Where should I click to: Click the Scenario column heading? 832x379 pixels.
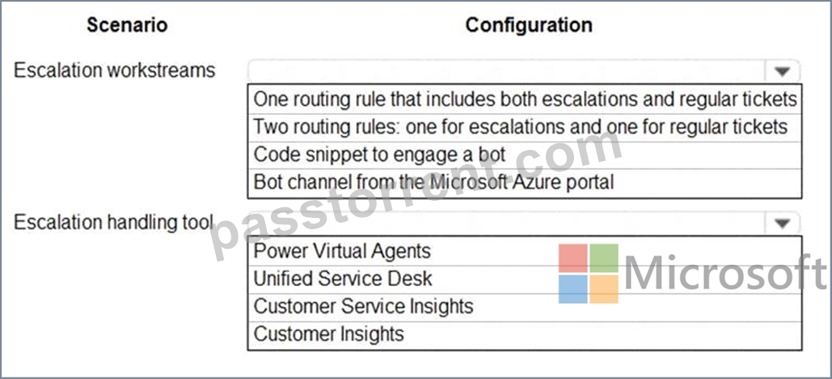click(x=128, y=25)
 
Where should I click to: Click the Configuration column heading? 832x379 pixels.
click(x=529, y=25)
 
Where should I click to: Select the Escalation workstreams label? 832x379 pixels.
click(x=115, y=70)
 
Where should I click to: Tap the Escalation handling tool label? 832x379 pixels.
click(x=113, y=222)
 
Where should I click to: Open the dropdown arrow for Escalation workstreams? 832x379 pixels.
click(x=783, y=71)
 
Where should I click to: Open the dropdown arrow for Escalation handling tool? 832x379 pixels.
click(x=783, y=224)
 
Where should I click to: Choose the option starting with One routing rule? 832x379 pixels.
click(x=526, y=99)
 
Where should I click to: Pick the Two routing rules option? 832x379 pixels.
click(x=521, y=126)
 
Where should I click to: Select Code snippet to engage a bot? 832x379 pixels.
click(x=380, y=154)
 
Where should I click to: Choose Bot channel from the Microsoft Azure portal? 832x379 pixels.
click(x=433, y=181)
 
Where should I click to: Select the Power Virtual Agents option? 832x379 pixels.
click(x=342, y=251)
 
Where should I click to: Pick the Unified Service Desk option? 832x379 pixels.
click(x=343, y=279)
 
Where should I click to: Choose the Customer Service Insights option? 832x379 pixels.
click(x=364, y=306)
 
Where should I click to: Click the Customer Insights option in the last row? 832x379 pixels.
click(x=328, y=334)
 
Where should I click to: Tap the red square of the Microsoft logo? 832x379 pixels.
click(x=573, y=258)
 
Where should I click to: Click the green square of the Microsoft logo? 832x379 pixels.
click(x=604, y=258)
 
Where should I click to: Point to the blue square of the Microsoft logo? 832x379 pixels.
click(x=573, y=288)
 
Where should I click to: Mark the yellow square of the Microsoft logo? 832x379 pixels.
click(x=604, y=288)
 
